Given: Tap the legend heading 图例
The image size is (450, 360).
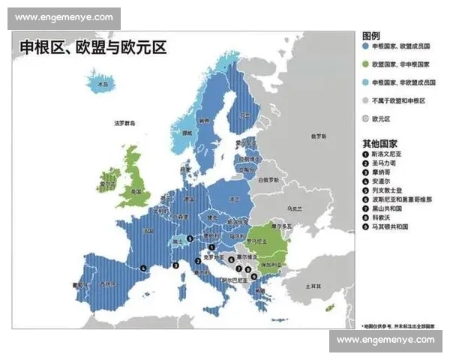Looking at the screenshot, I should tap(370, 36).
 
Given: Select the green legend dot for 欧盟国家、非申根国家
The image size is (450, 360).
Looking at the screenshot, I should tap(365, 64).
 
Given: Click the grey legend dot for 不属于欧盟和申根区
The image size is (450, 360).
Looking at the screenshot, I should tap(365, 100).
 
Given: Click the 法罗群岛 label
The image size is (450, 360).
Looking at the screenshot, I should tap(125, 122).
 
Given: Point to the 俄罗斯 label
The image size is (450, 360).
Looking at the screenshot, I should tap(319, 136).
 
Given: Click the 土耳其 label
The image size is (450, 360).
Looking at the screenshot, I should tap(313, 286).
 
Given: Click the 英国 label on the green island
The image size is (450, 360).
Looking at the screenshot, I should tap(136, 192).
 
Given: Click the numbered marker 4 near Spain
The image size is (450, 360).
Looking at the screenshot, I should tap(143, 267).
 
